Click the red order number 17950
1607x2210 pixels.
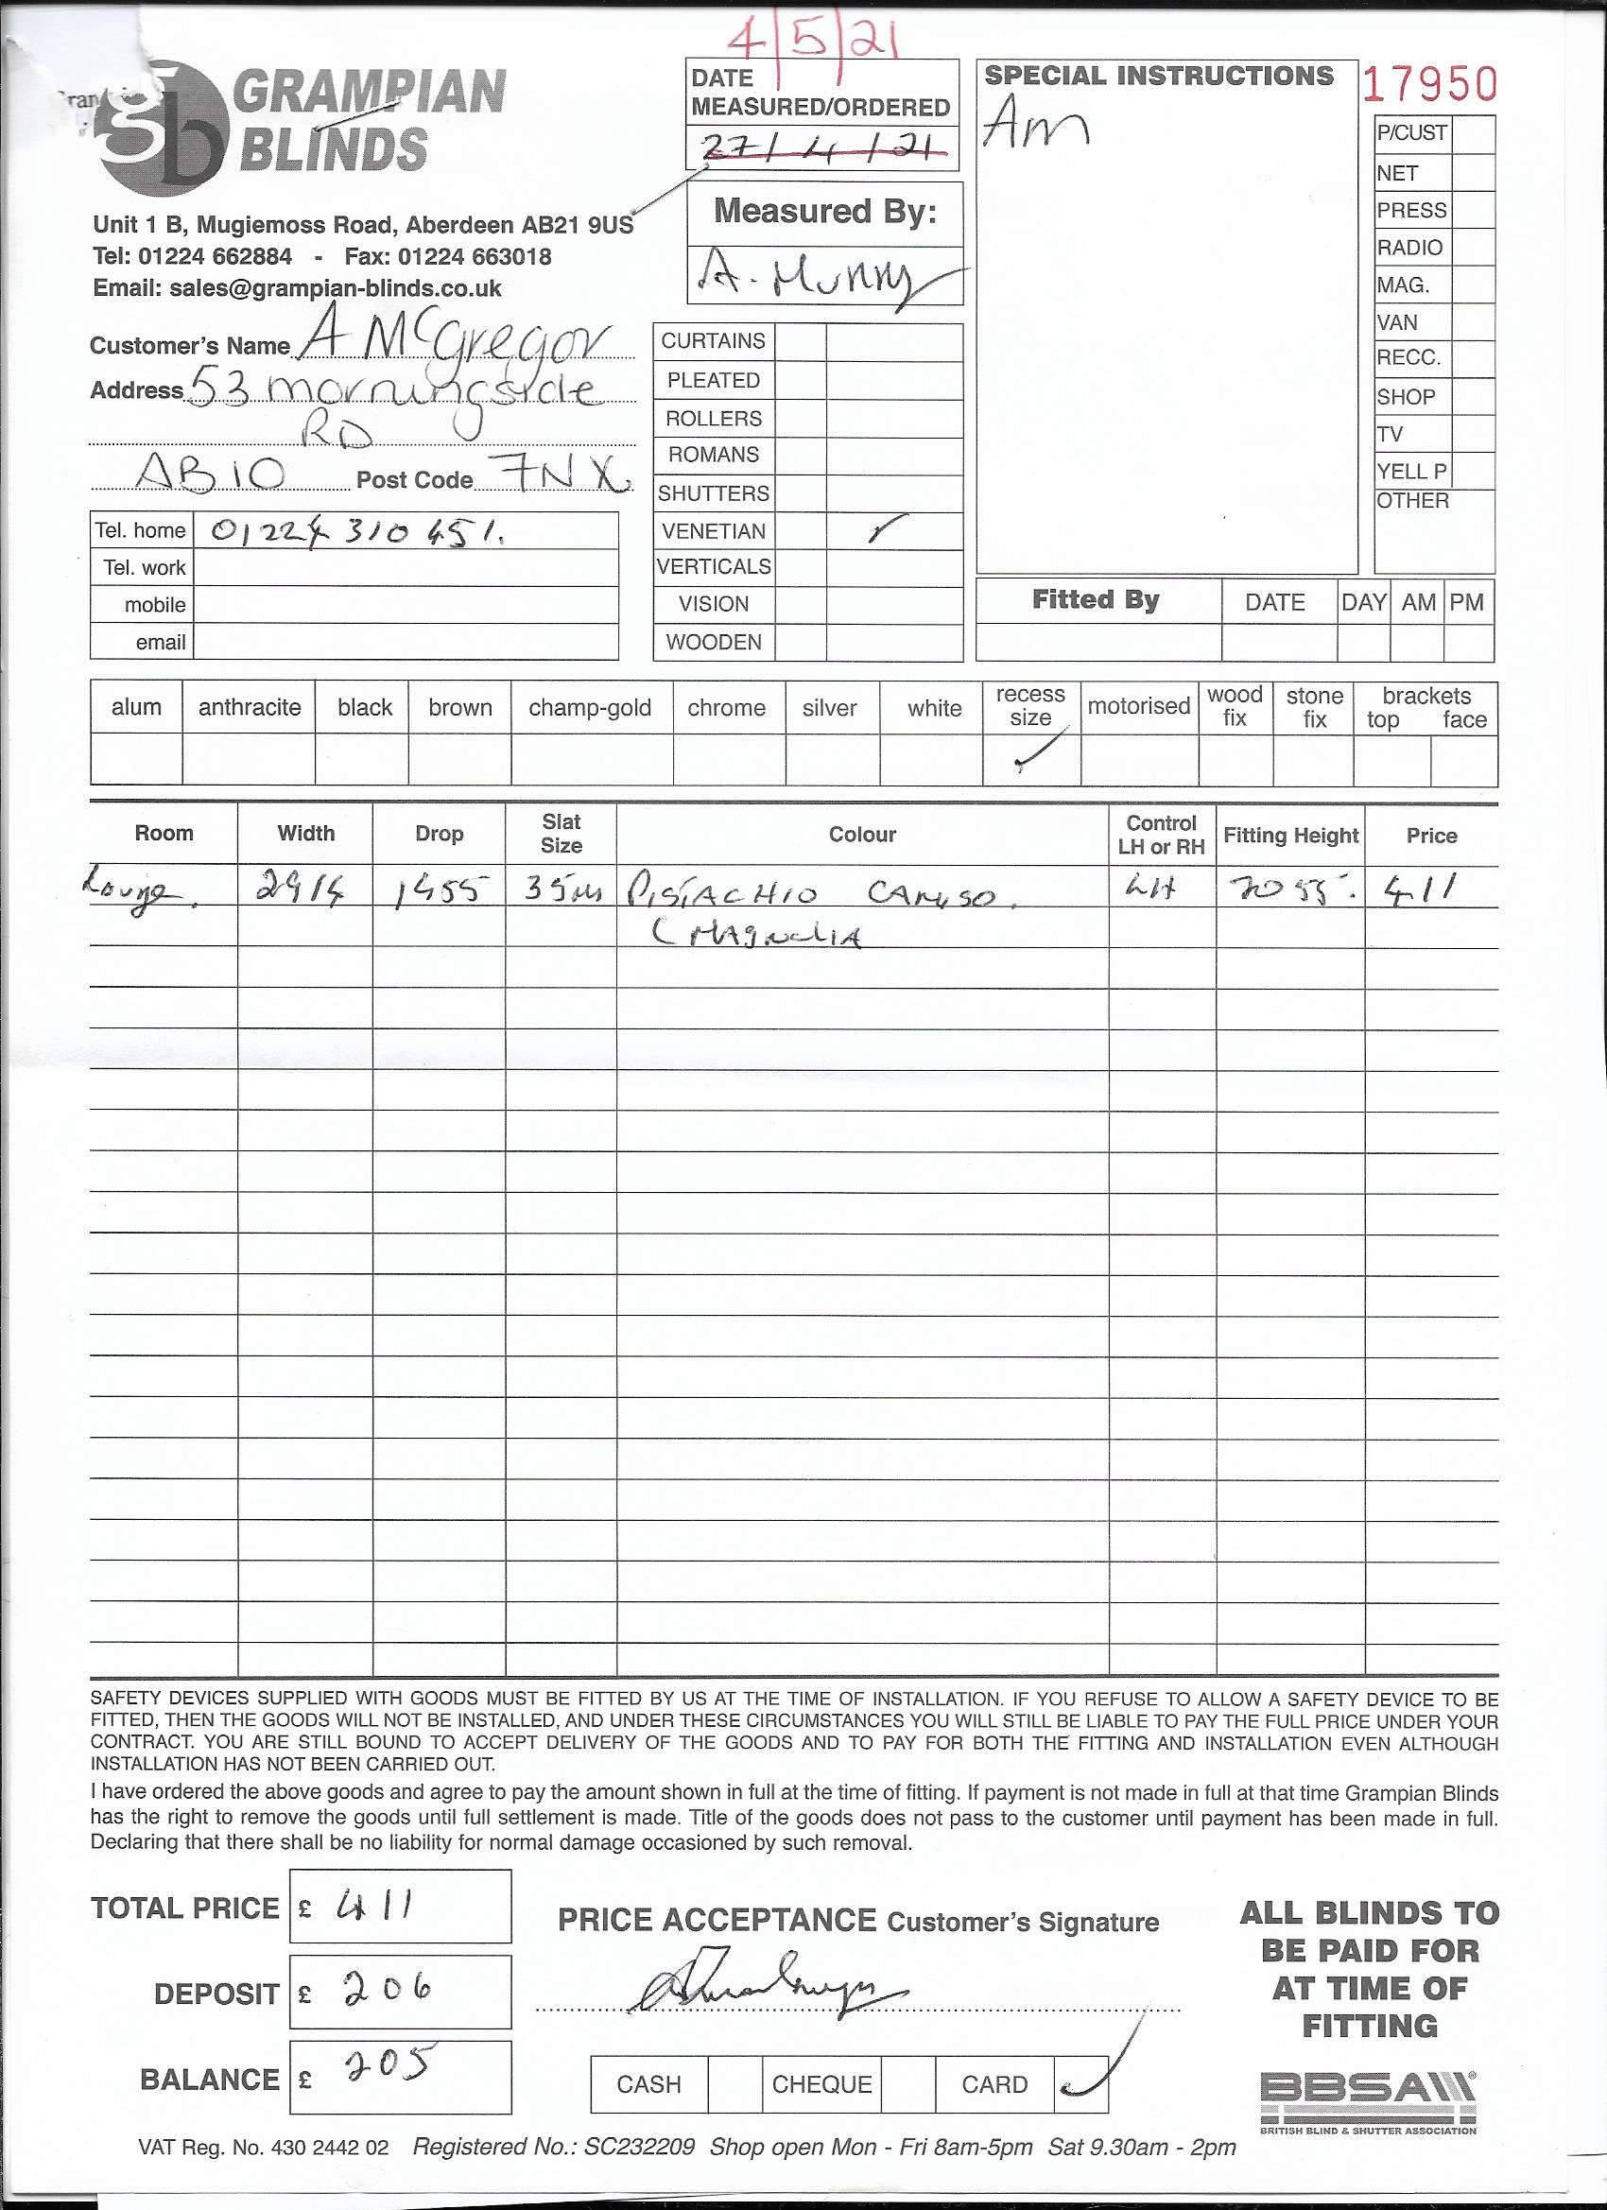click(1428, 85)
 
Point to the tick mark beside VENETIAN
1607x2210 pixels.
click(885, 529)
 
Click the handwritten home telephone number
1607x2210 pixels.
click(356, 531)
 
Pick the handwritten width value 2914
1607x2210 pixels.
click(302, 888)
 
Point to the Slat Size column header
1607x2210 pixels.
click(562, 834)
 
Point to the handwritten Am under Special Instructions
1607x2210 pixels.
click(1035, 124)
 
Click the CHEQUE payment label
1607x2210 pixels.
click(821, 2084)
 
